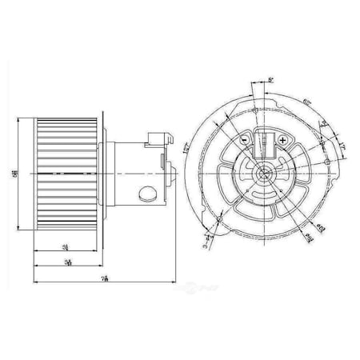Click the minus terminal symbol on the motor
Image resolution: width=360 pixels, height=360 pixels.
[243, 138]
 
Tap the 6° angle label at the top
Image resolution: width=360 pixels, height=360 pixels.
[270, 80]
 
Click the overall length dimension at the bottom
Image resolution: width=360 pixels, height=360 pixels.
[106, 277]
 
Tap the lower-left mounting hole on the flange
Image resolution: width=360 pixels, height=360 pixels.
[218, 218]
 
